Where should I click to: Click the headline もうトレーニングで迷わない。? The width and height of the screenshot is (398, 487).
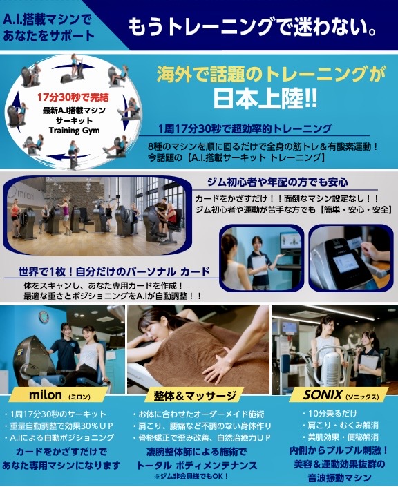253,27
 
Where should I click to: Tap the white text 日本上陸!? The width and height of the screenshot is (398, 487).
265,99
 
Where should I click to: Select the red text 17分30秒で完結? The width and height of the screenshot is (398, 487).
73,97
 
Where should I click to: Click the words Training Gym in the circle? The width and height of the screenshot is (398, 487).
74,131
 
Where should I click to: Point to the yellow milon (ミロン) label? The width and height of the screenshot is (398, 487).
59,395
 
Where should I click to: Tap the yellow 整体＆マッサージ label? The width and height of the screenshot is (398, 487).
195,396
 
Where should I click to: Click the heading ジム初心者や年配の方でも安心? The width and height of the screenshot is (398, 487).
278,182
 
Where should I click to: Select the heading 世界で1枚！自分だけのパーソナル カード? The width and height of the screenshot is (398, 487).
114,271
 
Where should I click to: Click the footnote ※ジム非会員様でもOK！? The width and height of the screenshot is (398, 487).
191,476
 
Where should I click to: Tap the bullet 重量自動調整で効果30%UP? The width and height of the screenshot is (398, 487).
59,426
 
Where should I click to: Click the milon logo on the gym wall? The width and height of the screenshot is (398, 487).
22,195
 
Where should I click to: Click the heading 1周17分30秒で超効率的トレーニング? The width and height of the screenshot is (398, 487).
245,128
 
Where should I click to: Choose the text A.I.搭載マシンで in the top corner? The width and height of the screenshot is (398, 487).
47,20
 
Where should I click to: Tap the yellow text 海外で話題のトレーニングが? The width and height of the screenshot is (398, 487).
271,74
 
